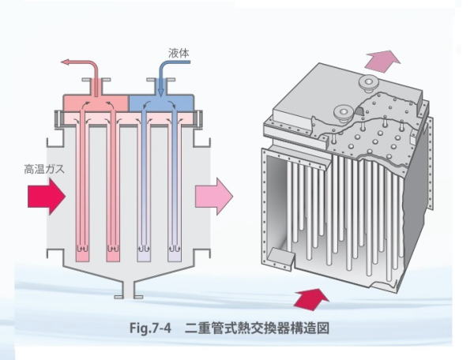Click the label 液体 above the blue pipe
(x=179, y=54)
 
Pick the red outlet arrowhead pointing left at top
(x=67, y=62)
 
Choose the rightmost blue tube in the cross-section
(x=174, y=189)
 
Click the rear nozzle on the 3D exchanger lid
(x=367, y=84)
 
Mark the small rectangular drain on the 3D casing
(x=280, y=257)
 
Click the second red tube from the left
(x=111, y=189)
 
